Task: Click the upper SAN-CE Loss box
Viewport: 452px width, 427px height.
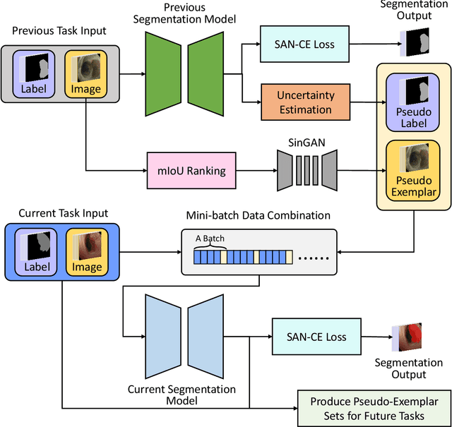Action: click(x=304, y=44)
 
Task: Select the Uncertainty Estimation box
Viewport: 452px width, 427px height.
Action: click(x=305, y=102)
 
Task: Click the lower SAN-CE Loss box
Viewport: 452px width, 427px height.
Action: click(x=316, y=337)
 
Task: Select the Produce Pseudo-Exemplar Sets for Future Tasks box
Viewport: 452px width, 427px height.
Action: click(x=368, y=409)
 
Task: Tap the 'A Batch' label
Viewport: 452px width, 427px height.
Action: click(x=210, y=239)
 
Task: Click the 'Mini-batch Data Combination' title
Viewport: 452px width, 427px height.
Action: click(x=257, y=215)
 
